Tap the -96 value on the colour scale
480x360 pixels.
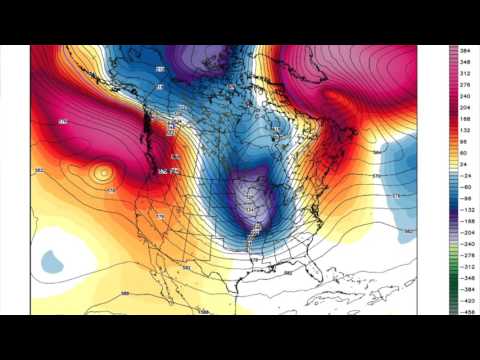pyautogui.click(x=466, y=197)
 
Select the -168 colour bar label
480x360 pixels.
pyautogui.click(x=466, y=220)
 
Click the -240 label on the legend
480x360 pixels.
pyautogui.click(x=466, y=244)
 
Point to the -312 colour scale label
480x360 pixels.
pyautogui.click(x=466, y=268)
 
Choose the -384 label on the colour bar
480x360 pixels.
pyautogui.click(x=466, y=291)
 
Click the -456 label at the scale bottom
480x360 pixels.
pyautogui.click(x=466, y=312)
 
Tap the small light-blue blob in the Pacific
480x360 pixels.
pyautogui.click(x=50, y=261)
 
